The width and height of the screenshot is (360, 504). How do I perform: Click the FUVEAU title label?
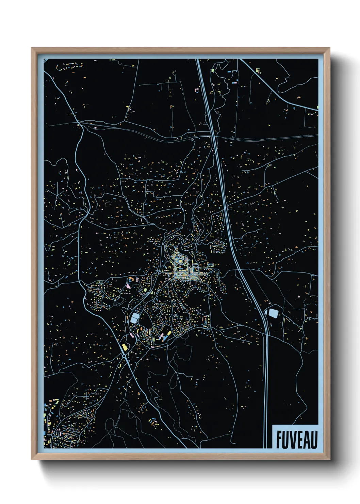click(296, 439)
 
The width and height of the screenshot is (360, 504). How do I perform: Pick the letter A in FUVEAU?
click(307, 440)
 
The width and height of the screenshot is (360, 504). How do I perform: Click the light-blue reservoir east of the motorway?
click(273, 312)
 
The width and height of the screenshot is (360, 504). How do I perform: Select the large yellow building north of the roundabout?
click(124, 347)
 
